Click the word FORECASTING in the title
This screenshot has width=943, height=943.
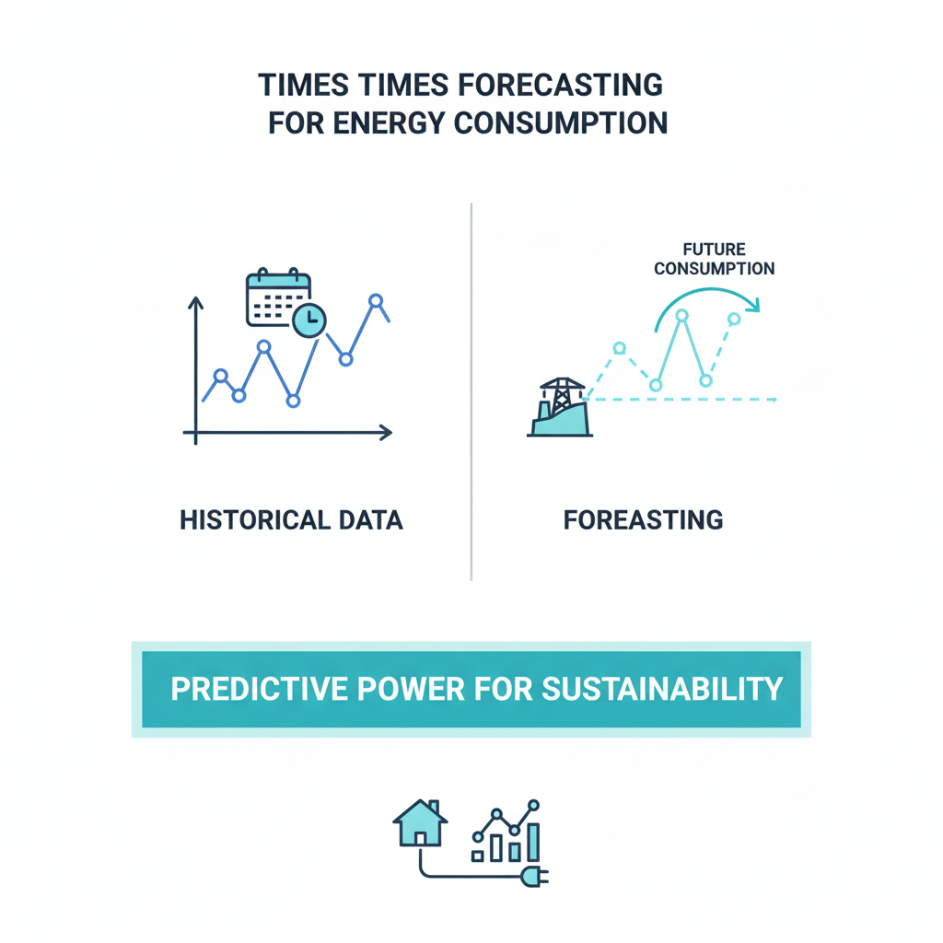pyautogui.click(x=560, y=85)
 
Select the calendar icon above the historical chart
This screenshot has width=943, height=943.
pyautogui.click(x=278, y=297)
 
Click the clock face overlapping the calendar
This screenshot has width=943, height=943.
pyautogui.click(x=309, y=320)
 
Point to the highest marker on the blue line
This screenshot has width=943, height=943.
pyautogui.click(x=376, y=301)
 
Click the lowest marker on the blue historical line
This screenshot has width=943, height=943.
pyautogui.click(x=293, y=401)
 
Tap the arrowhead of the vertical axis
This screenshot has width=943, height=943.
pyautogui.click(x=195, y=302)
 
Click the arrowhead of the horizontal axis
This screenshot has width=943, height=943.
pyautogui.click(x=386, y=432)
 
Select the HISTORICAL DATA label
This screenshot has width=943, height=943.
pyautogui.click(x=291, y=520)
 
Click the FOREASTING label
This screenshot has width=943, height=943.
pyautogui.click(x=643, y=520)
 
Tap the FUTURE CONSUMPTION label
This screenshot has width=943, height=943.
pyautogui.click(x=715, y=259)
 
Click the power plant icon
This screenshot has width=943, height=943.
pyautogui.click(x=560, y=407)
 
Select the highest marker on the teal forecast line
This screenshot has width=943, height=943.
pyautogui.click(x=681, y=315)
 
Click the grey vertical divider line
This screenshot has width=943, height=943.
pyautogui.click(x=471, y=391)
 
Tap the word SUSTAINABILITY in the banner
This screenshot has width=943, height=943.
pyautogui.click(x=662, y=689)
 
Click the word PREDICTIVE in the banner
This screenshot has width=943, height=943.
pyautogui.click(x=259, y=689)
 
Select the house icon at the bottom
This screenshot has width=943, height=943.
pyautogui.click(x=420, y=822)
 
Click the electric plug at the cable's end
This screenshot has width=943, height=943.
pyautogui.click(x=535, y=877)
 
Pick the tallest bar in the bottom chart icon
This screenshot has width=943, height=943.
pyautogui.click(x=533, y=843)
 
